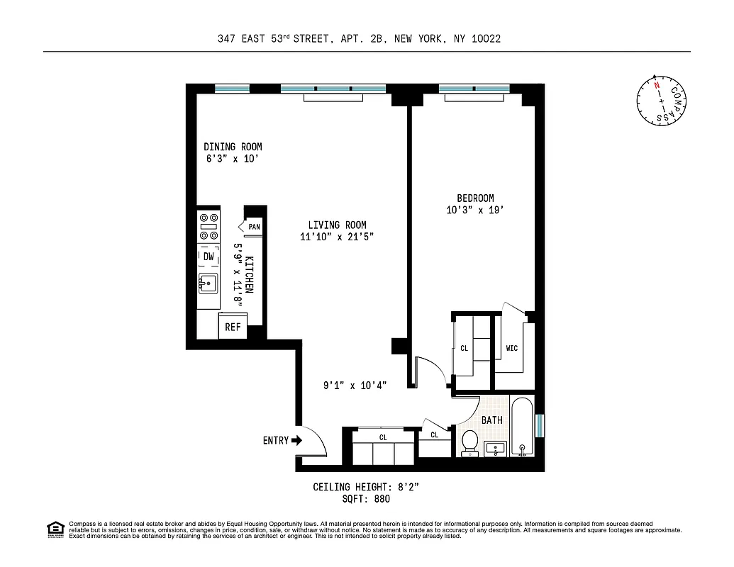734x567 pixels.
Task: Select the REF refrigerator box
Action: point(233,327)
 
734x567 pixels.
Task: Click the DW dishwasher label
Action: point(208,256)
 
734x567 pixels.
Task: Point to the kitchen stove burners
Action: point(208,227)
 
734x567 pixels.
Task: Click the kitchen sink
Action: point(208,283)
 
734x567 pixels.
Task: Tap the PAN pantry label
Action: point(254,227)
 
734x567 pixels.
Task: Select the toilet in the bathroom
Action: point(469,444)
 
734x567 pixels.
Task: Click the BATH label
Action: point(491,420)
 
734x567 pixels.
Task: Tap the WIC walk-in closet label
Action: point(512,349)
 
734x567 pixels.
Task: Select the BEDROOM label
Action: point(474,198)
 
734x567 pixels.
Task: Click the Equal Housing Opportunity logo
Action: point(55,529)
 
